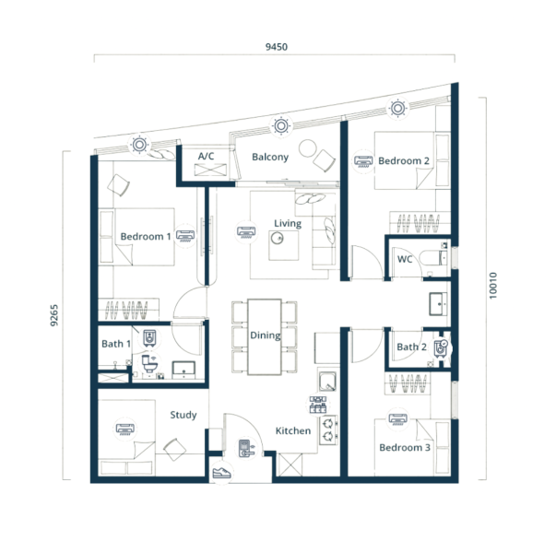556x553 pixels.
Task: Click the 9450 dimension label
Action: pos(277,47)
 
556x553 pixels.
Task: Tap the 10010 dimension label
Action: pos(493,286)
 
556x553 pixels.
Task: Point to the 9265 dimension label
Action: pos(53,315)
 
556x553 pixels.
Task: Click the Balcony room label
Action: pos(270,157)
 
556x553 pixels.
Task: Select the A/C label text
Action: pos(206,156)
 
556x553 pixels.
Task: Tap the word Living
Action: pos(288,224)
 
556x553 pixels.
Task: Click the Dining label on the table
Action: pos(266,335)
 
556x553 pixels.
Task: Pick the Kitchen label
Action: pos(293,430)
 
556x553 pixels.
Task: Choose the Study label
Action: pos(183,415)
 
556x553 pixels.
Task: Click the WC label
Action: pos(405,259)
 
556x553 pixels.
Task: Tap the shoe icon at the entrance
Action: pos(221,473)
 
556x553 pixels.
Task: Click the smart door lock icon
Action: pos(246,448)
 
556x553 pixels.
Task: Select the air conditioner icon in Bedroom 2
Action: pos(363,161)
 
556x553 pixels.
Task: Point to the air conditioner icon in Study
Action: pos(125,429)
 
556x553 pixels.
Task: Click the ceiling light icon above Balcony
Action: pos(281,125)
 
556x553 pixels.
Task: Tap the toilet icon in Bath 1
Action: pos(149,363)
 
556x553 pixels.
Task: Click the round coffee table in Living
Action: pos(277,238)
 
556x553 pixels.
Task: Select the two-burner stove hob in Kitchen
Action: pos(328,430)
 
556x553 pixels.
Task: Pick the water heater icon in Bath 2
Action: pos(441,348)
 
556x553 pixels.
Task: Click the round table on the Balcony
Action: pos(307,148)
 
